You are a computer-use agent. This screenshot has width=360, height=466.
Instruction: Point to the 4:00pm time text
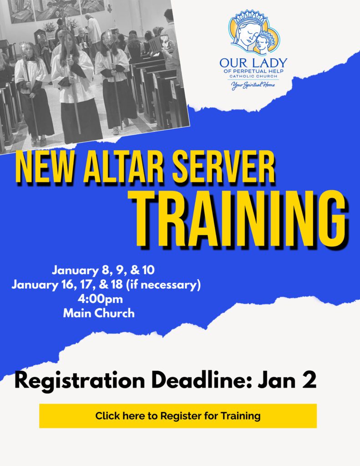pyautogui.click(x=100, y=299)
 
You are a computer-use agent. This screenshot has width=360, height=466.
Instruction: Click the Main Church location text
pyautogui.click(x=99, y=313)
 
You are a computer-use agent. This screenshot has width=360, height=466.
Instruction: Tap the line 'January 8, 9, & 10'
pyautogui.click(x=103, y=270)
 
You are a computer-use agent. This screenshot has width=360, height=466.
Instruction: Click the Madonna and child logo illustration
pyautogui.click(x=254, y=32)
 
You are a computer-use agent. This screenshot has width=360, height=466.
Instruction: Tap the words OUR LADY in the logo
pyautogui.click(x=254, y=63)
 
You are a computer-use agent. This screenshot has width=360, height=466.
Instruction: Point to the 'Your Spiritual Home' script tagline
pyautogui.click(x=254, y=86)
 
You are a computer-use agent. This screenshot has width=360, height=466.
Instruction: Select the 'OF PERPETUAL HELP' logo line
pyautogui.click(x=254, y=71)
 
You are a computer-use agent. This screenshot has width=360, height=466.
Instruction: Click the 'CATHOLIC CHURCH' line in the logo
pyautogui.click(x=254, y=76)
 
